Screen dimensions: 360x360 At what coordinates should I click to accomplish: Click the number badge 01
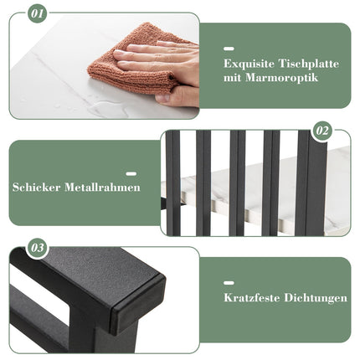pyautogui.click(x=38, y=13)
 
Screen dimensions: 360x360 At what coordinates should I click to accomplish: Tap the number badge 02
pyautogui.click(x=322, y=131)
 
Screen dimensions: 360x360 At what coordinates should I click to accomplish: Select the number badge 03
pyautogui.click(x=38, y=248)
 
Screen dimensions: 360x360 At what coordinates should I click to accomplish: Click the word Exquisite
pyautogui.click(x=249, y=64)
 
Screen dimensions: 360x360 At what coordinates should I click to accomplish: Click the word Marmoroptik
pyautogui.click(x=282, y=78)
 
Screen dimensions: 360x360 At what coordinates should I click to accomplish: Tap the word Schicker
pyautogui.click(x=36, y=187)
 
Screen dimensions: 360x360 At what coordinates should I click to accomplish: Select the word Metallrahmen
pyautogui.click(x=102, y=187)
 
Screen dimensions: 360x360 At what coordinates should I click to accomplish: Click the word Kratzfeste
pyautogui.click(x=252, y=298)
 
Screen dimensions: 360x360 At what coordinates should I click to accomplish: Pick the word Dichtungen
pyautogui.click(x=316, y=298)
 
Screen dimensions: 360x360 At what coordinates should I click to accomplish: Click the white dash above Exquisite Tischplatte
pyautogui.click(x=229, y=49)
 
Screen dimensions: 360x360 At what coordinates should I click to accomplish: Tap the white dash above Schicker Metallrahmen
pyautogui.click(x=131, y=174)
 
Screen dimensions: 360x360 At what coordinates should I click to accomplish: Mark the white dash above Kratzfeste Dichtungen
pyautogui.click(x=229, y=283)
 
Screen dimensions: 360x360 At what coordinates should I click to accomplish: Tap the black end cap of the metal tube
pyautogui.click(x=138, y=304)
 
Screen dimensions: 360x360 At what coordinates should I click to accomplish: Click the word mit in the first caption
pyautogui.click(x=232, y=78)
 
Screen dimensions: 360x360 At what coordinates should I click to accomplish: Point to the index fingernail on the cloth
pyautogui.click(x=119, y=53)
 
